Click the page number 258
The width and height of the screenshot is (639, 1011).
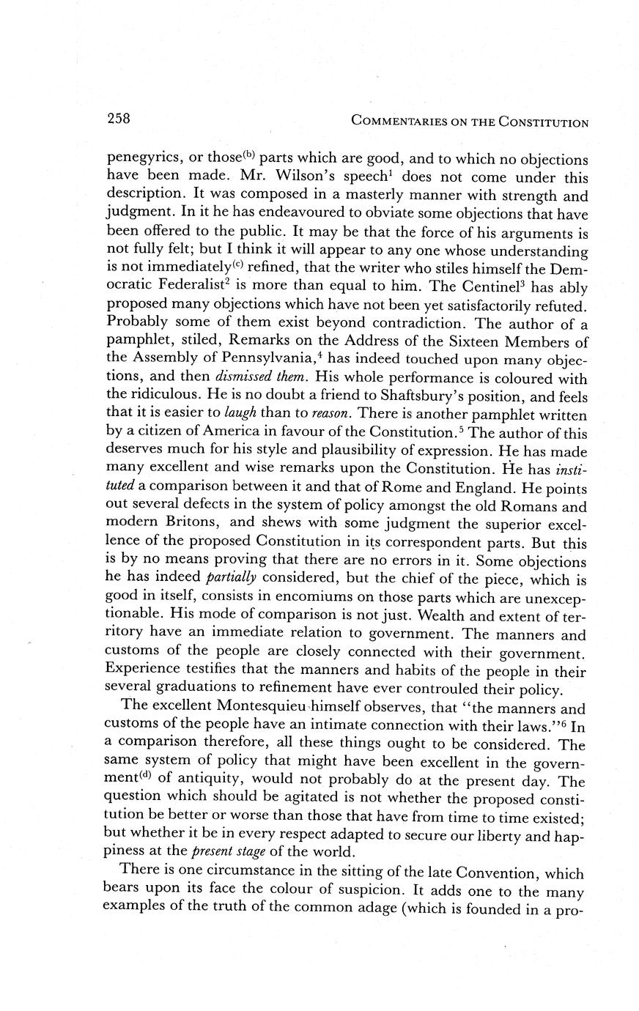click(x=118, y=119)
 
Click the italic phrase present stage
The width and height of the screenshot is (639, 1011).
click(x=221, y=853)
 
